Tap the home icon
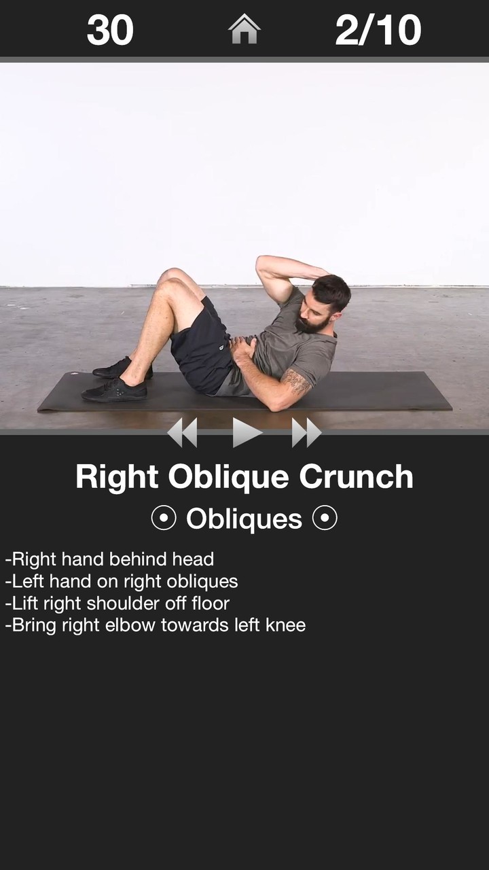pos(244,29)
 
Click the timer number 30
pos(110,30)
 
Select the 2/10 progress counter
pos(378,30)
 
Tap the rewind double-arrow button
pos(182,433)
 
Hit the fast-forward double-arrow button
pos(306,433)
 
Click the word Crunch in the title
pos(356,476)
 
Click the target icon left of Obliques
pos(163,519)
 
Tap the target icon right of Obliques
pos(325,519)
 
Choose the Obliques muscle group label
pos(244,519)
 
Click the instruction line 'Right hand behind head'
pos(109,559)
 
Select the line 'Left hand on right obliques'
pos(122,581)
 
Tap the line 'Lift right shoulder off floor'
pos(117,603)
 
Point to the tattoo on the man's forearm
pos(296,381)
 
